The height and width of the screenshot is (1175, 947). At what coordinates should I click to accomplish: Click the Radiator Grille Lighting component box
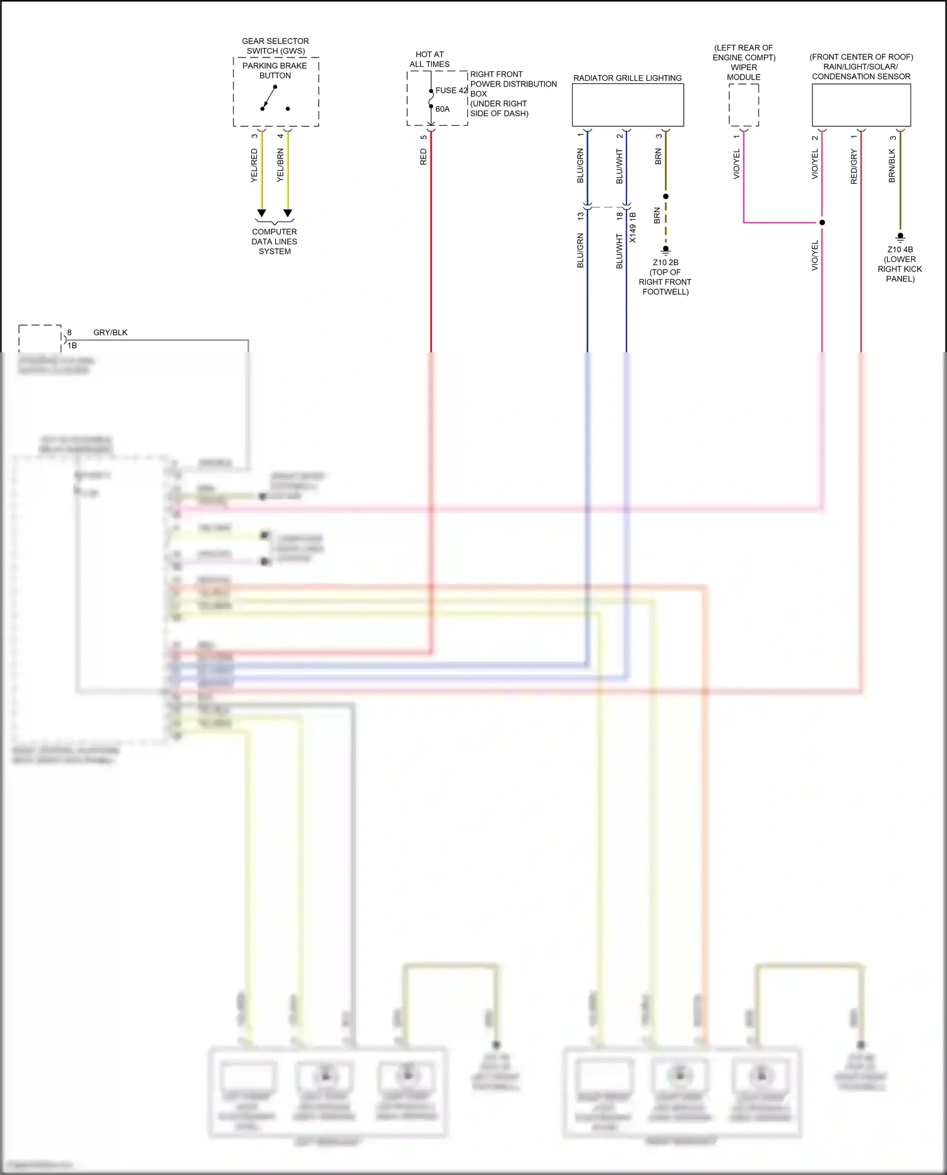tap(628, 105)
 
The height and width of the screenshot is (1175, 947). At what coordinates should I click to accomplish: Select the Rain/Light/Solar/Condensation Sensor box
tap(861, 105)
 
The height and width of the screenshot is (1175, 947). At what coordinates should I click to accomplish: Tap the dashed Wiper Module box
tap(744, 105)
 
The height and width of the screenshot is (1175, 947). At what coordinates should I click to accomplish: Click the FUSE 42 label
tap(451, 90)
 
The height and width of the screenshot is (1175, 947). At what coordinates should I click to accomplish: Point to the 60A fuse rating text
tap(443, 109)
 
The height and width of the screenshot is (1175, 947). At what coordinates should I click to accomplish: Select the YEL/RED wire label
tap(254, 165)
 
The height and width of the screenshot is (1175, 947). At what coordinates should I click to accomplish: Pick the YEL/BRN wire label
tap(280, 165)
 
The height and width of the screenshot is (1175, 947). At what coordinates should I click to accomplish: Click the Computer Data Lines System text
tap(275, 241)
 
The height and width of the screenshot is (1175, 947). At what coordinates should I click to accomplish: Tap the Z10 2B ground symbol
tap(665, 250)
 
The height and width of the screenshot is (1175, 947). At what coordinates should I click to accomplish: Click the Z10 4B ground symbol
tap(900, 237)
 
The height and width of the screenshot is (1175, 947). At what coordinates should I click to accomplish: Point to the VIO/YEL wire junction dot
tap(822, 222)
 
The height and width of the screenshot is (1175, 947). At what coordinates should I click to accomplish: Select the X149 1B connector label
tap(633, 227)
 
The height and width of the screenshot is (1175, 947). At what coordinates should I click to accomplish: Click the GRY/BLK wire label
tap(110, 332)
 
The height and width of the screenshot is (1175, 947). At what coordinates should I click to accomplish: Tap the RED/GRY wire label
tap(854, 167)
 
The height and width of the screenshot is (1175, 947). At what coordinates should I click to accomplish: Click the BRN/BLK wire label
tap(892, 165)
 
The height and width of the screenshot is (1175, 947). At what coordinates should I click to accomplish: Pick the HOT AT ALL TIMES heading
tap(429, 59)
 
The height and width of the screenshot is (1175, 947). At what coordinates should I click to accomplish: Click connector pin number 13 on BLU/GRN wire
tap(580, 216)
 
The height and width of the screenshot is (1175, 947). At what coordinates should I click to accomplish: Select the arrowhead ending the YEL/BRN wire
tap(288, 213)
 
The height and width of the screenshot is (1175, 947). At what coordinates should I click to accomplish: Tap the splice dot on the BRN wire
tap(665, 196)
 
